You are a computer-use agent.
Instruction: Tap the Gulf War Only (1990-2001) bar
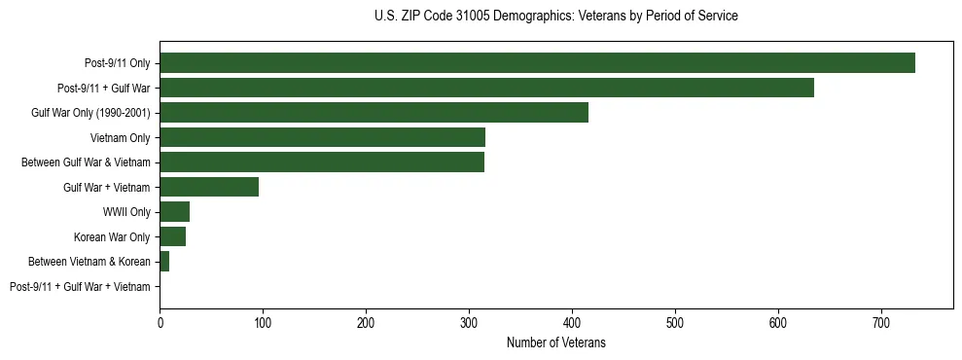point(374,113)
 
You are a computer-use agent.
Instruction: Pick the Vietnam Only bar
point(322,137)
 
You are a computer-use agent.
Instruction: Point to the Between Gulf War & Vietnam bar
point(322,162)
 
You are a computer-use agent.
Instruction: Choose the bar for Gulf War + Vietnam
point(209,187)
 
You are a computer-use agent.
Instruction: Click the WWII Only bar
point(174,212)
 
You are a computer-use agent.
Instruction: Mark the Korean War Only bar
point(172,236)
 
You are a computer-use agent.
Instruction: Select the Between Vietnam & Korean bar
point(164,262)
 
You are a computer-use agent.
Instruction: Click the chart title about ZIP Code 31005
point(555,17)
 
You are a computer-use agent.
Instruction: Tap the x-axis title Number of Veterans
point(555,342)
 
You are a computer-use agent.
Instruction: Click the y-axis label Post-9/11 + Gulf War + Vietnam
point(80,287)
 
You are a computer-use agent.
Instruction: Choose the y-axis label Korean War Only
point(112,236)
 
